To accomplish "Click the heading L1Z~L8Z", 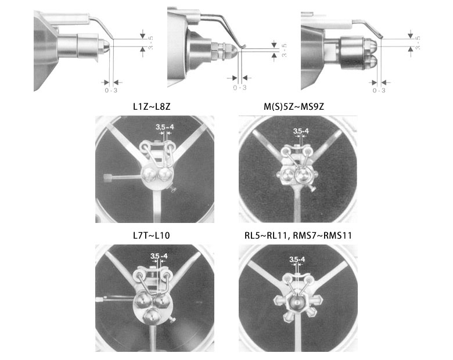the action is [152, 107].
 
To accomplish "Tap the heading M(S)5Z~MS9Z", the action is [294, 107].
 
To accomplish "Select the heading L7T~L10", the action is [152, 236].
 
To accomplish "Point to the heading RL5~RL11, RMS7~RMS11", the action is [298, 236].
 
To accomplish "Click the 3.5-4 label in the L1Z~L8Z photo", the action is [165, 127].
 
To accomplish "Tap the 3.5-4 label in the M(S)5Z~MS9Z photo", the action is [301, 131].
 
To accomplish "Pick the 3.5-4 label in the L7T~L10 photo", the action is [159, 256].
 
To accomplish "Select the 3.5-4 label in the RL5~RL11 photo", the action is [297, 260].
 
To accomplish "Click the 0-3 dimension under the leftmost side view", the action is [111, 91].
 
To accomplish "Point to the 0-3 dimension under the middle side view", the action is [240, 88].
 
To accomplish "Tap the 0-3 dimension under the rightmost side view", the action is [379, 91].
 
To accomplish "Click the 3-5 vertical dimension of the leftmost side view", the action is [150, 43].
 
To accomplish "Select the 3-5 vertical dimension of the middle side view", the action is [284, 51].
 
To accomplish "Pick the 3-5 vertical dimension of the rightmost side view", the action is [418, 43].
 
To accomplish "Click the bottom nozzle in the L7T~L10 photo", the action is [151, 315].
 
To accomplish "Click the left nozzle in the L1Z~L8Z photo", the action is [149, 174].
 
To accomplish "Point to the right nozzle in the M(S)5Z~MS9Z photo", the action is [303, 175].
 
